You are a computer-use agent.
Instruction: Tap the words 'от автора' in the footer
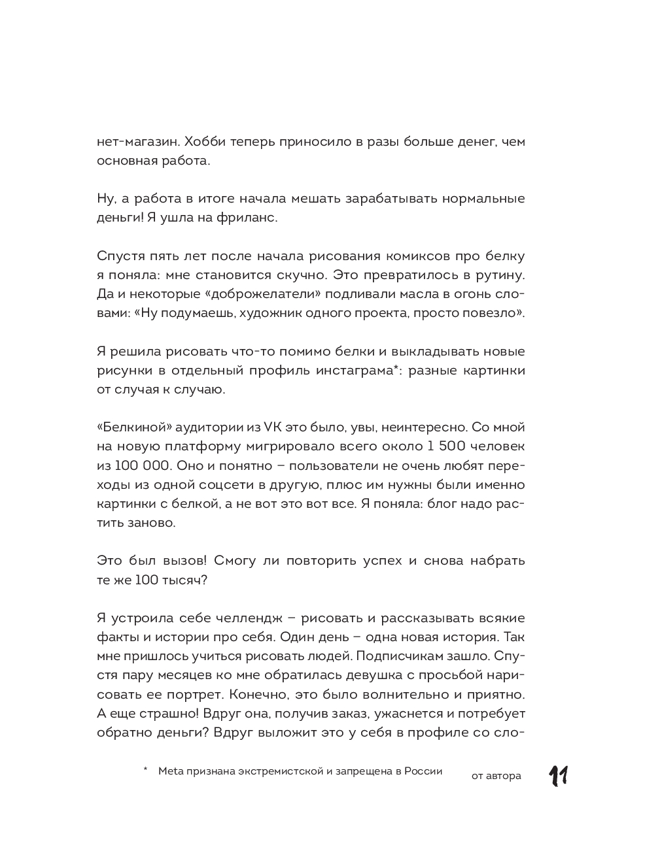tap(497, 776)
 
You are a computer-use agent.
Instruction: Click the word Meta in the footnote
tap(171, 771)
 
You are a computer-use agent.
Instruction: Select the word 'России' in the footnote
tap(423, 771)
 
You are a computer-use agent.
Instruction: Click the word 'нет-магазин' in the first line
tap(136, 141)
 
